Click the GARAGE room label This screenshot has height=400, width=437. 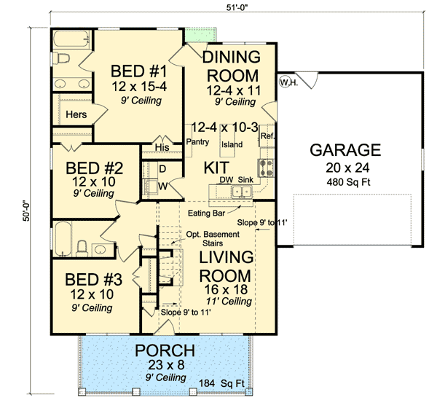click(x=345, y=150)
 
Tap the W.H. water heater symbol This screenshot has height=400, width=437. click(x=288, y=82)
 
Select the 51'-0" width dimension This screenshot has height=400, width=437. click(x=237, y=7)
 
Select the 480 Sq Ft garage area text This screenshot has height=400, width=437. click(x=345, y=182)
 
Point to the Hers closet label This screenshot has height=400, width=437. click(x=76, y=114)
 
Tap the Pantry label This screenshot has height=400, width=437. click(x=198, y=141)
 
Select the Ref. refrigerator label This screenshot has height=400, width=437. click(x=267, y=136)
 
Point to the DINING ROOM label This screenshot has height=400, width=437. click(x=230, y=66)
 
